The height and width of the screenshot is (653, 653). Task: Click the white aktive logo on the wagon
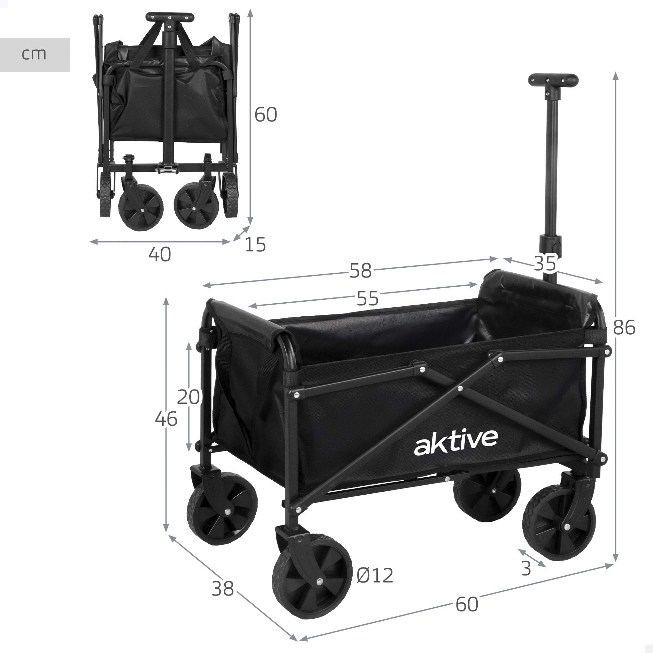coord(456,442)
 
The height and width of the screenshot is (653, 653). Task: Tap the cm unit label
coord(34,55)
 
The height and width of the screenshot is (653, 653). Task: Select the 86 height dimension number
coord(624,327)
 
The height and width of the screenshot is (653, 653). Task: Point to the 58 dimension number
coord(360,271)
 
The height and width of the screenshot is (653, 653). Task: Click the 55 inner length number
coord(368,298)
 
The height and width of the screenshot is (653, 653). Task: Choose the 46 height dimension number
coord(166,419)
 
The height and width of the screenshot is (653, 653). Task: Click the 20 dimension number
coord(188,397)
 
